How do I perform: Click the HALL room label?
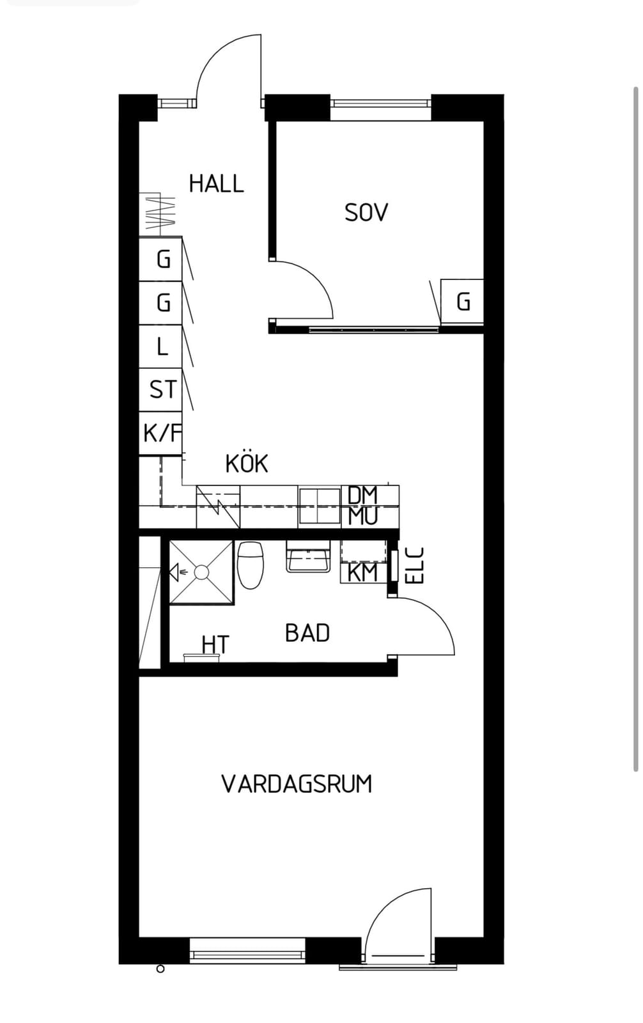coord(217,184)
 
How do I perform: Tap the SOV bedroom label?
coord(366,213)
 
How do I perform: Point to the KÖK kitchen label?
coord(247,464)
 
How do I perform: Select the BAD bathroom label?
coord(307,633)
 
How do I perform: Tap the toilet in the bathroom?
coord(251,565)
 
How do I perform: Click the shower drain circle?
coord(201,572)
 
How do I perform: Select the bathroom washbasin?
coord(308,556)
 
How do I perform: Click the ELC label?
coord(415,565)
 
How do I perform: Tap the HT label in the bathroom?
coord(215,645)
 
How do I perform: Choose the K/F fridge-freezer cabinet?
coord(161,433)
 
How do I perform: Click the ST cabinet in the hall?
coord(161,389)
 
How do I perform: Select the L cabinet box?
coord(161,347)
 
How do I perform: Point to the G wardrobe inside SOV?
coord(462,301)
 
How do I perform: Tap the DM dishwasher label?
coord(362,495)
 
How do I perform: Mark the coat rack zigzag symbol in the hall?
coord(157,212)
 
